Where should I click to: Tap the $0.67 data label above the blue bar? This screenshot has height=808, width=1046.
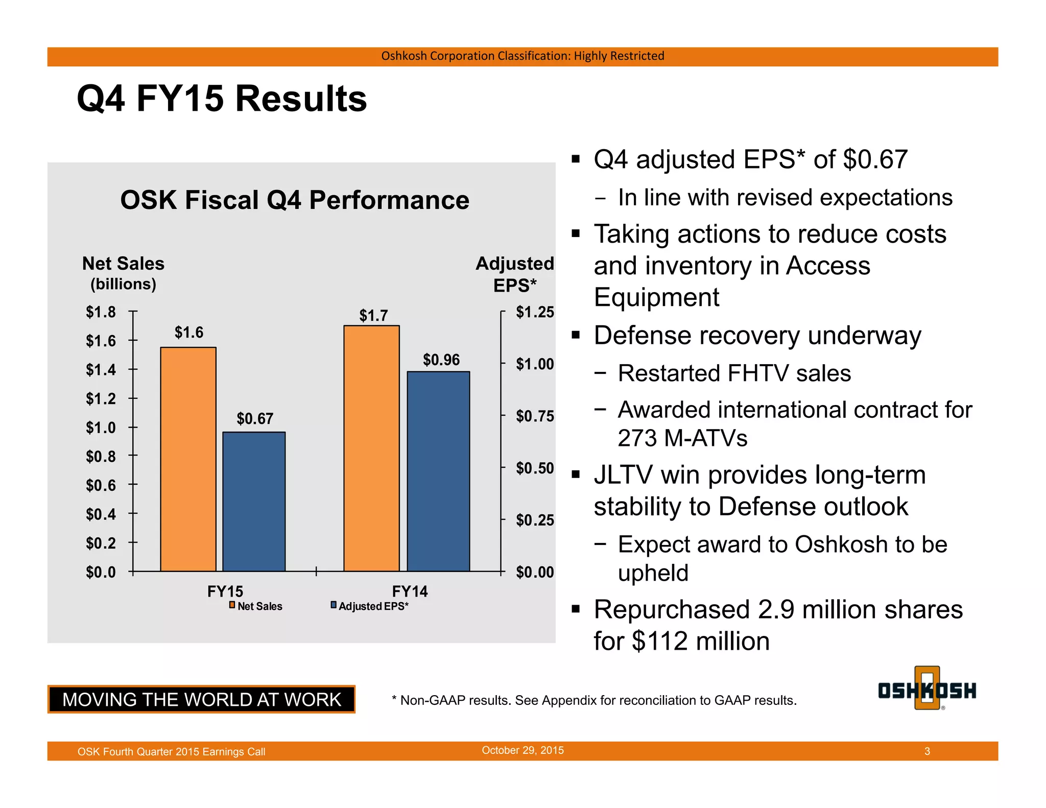tap(255, 419)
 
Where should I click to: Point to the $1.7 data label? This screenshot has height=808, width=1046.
tap(373, 315)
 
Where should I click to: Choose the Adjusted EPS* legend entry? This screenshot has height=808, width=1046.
tap(370, 606)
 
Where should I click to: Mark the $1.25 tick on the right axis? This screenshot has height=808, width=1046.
tap(534, 312)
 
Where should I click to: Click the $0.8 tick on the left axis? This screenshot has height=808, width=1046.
tap(101, 456)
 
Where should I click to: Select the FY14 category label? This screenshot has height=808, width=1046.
tap(410, 591)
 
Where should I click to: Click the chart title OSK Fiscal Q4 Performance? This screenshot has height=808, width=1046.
tap(295, 200)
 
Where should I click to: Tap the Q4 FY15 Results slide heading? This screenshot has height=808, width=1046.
tap(222, 98)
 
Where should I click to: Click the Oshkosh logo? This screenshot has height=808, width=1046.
tap(927, 690)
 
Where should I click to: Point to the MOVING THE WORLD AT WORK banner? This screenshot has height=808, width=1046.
tap(201, 699)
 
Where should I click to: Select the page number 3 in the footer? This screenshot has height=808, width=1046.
tap(927, 751)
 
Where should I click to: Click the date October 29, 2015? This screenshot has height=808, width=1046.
tap(522, 750)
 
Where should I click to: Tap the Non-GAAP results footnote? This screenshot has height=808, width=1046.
tap(593, 700)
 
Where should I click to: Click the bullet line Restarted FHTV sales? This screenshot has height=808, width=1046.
tap(734, 373)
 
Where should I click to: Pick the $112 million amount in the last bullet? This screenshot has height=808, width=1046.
tap(700, 641)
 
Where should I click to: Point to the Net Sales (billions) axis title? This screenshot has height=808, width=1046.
tap(123, 273)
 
